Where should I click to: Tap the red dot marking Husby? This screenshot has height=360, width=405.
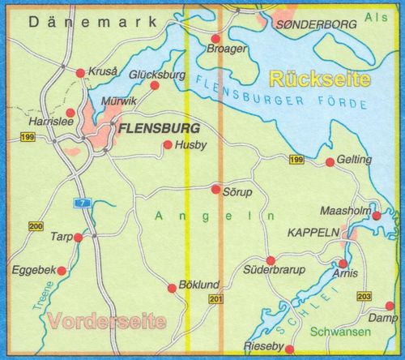[x=168, y=146]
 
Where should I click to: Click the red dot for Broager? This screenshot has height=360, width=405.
[x=215, y=39]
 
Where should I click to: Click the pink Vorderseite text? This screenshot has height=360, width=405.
[x=105, y=319]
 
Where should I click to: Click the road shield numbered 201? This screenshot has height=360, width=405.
[x=214, y=301]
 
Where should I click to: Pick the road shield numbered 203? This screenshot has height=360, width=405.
[x=364, y=297]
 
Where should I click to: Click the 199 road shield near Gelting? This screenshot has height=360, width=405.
[x=296, y=161]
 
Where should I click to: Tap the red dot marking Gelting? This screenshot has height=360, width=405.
[x=330, y=163]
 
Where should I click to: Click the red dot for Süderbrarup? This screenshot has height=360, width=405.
[x=271, y=260]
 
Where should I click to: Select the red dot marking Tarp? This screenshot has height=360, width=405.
[x=79, y=238]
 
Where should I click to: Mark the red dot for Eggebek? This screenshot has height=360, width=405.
[x=62, y=270]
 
